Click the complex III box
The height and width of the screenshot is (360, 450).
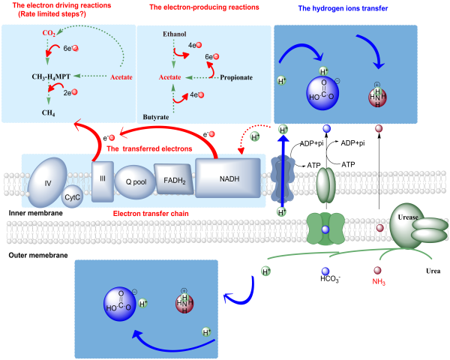[x=102, y=180]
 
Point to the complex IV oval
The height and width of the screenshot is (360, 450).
[x=47, y=181]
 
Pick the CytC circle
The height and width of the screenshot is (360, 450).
[x=72, y=196]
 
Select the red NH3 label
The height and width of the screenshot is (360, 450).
[x=379, y=282]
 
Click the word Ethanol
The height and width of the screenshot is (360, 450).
[x=174, y=34]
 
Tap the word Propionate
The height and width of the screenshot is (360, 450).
[x=235, y=76]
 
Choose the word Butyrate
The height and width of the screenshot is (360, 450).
[x=155, y=117]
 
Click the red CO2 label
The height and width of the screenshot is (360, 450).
[x=49, y=34]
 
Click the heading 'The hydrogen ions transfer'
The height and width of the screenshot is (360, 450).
[x=343, y=8]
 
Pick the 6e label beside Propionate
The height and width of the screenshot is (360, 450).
[x=211, y=57]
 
